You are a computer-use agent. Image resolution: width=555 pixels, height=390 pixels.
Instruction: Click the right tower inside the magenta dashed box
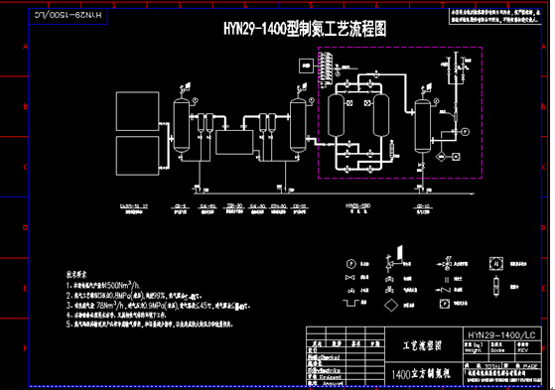pos(381,117)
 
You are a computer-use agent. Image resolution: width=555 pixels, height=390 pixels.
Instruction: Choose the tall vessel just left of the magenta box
pos(297,124)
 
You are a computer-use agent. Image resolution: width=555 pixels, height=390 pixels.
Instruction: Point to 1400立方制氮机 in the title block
pos(421,375)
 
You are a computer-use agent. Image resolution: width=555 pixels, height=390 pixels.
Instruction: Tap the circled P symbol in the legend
pos(350,263)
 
